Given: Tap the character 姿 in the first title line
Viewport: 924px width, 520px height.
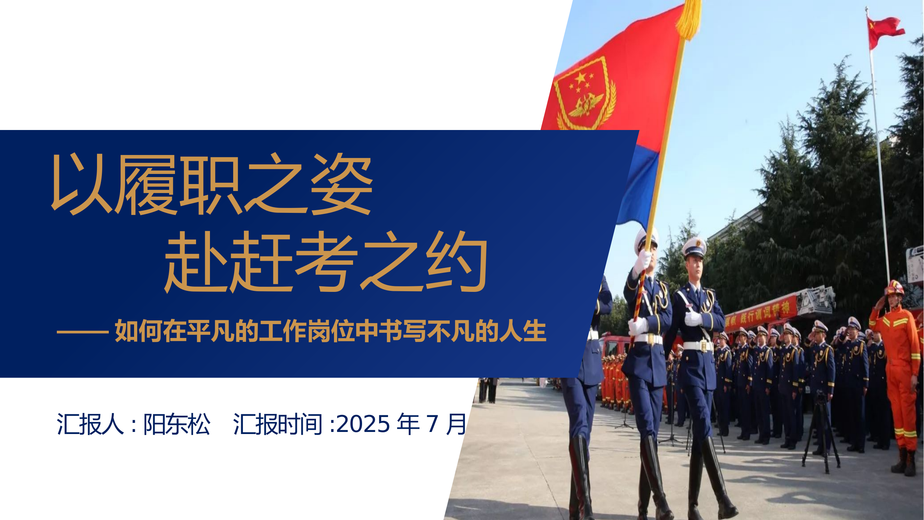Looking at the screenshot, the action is pos(341,184).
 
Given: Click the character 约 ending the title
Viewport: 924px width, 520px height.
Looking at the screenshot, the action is pos(456,261).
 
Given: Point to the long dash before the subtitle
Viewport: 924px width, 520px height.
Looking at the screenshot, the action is pos(82,332).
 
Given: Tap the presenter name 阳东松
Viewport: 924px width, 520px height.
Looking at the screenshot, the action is pos(176,424).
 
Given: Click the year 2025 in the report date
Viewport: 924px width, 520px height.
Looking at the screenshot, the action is pos(363,424).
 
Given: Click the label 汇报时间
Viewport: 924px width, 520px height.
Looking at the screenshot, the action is pos(278,424).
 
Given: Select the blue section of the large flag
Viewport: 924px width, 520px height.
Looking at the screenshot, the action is pos(639,187).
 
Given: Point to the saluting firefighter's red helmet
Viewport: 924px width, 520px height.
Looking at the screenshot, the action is pos(894,288).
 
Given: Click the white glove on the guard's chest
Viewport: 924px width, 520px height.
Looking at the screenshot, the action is pos(693,318).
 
